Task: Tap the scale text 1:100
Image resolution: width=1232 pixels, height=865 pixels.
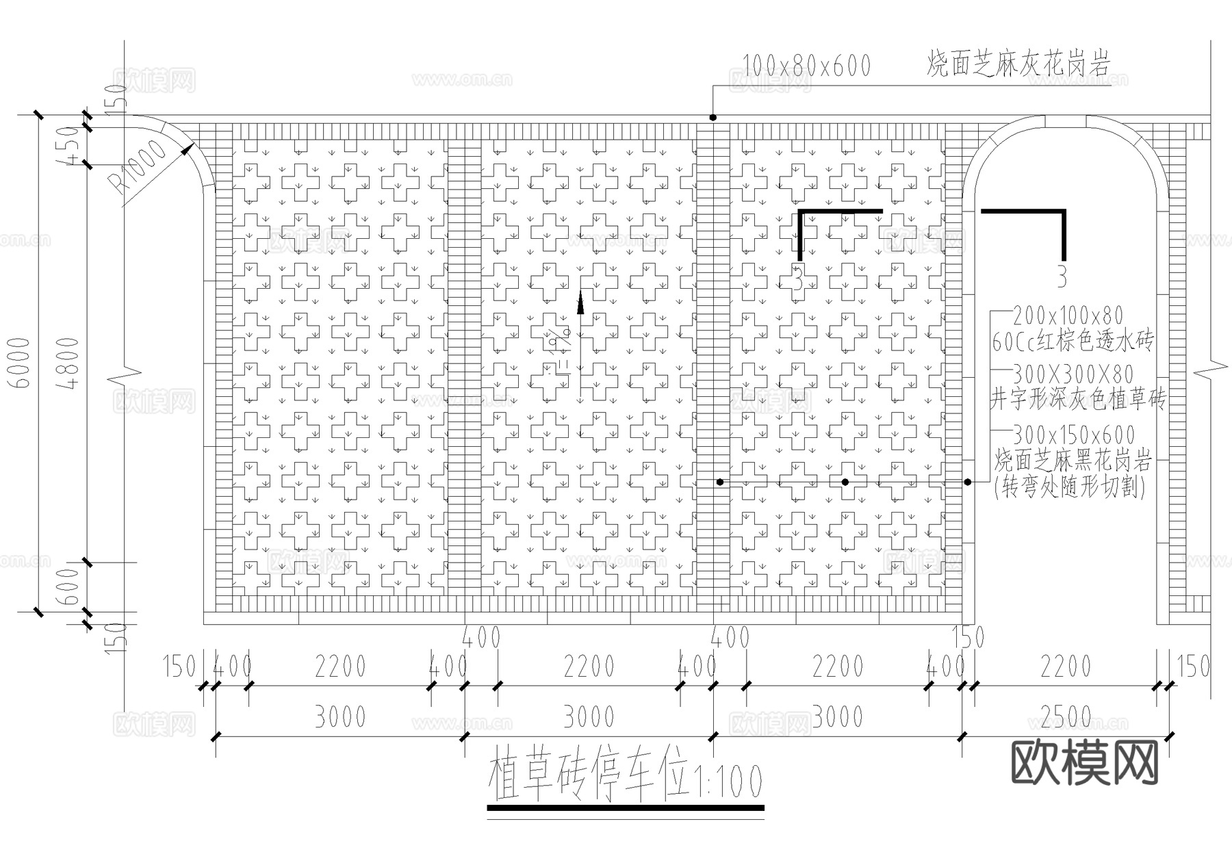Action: click(x=727, y=781)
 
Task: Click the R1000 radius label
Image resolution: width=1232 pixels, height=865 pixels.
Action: click(x=140, y=167)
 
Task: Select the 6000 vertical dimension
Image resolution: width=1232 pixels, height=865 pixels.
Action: click(x=23, y=363)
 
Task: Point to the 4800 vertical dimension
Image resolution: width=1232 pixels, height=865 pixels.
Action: click(x=70, y=363)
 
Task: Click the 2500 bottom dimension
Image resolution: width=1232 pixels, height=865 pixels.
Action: click(x=1065, y=717)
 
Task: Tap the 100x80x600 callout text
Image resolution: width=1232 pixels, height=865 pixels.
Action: click(x=806, y=66)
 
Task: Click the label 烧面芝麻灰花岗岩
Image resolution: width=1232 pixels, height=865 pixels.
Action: click(x=1018, y=64)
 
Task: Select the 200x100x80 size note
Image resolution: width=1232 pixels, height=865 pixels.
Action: click(x=1068, y=315)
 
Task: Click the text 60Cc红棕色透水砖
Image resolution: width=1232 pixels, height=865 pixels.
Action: click(x=1073, y=341)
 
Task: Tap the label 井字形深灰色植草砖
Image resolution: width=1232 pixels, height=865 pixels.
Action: click(x=1077, y=399)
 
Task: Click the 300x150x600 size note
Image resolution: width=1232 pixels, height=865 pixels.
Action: click(x=1073, y=435)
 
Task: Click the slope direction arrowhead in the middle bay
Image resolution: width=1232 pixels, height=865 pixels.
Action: click(x=580, y=302)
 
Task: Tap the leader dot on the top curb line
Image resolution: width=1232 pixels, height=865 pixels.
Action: click(x=713, y=118)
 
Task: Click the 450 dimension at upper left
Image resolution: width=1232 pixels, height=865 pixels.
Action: click(x=71, y=145)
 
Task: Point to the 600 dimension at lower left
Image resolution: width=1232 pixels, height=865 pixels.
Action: click(x=71, y=586)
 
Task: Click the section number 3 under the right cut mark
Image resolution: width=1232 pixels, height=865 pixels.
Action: click(x=1062, y=276)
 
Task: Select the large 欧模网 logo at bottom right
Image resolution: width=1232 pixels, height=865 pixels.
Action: click(x=1084, y=762)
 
